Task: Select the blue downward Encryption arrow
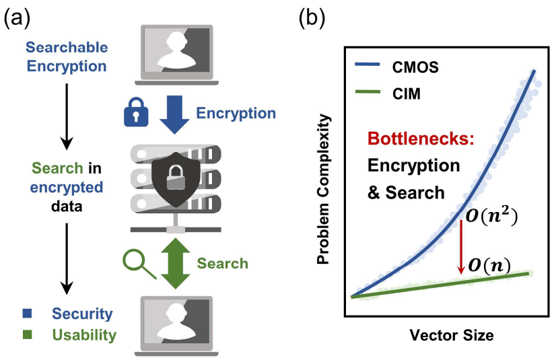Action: click(x=174, y=112)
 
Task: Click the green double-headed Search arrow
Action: click(x=174, y=262)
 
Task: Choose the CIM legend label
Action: click(x=406, y=94)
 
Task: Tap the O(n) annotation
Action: click(x=489, y=265)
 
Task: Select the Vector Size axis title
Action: click(x=443, y=334)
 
